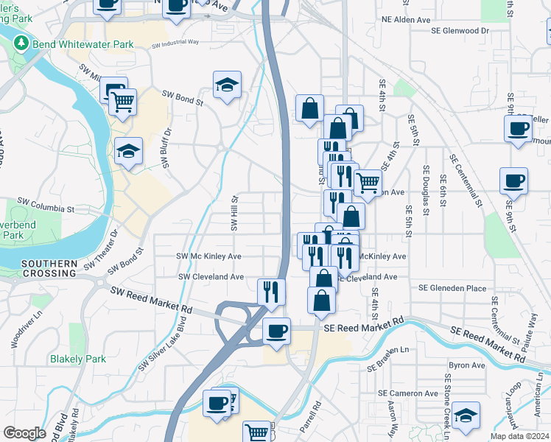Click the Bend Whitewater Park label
82,44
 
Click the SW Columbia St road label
47,209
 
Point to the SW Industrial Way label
175,44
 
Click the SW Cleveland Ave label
211,277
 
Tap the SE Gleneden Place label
452,288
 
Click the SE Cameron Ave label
408,393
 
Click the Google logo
25,433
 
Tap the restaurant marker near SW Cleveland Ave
271,291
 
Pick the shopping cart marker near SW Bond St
123,101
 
